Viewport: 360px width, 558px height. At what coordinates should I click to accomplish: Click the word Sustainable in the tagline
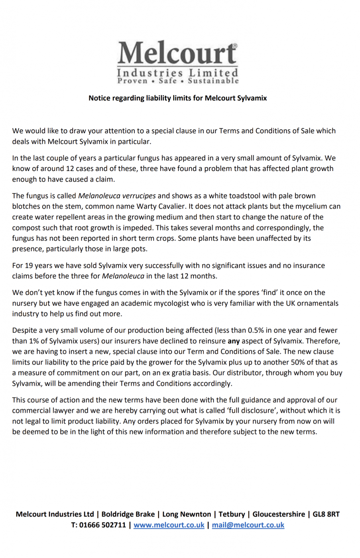[213, 81]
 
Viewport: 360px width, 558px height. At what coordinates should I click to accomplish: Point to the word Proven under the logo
[132, 81]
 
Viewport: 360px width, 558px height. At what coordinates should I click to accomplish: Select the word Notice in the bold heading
[99, 98]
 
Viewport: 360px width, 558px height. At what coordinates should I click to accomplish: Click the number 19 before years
[29, 265]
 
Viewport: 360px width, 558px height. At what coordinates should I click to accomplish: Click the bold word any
[234, 341]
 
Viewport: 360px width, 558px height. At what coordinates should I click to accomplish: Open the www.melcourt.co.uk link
[169, 525]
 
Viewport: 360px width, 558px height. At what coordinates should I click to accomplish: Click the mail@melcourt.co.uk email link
[248, 525]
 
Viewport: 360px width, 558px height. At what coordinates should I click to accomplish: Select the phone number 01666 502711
[102, 525]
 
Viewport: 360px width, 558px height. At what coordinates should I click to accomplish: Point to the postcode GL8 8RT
[326, 514]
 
